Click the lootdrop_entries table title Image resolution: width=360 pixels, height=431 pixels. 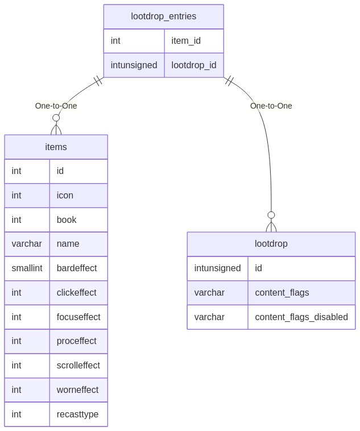pos(163,16)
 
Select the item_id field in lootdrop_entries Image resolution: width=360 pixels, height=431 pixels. pos(186,41)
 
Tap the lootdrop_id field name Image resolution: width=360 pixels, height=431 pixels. pos(194,65)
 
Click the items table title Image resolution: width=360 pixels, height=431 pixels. pos(56,147)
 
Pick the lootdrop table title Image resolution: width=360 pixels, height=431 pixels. pos(271,243)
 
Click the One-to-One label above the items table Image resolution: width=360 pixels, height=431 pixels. pos(56,106)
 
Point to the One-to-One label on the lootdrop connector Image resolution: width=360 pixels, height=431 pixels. pos(271,106)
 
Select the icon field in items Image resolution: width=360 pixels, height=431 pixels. pos(65,195)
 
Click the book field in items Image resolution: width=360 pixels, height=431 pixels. pos(67,219)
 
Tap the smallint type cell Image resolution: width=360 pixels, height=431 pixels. pos(27,268)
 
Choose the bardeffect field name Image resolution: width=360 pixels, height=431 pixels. pos(77,268)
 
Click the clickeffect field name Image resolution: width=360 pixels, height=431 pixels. pos(76,292)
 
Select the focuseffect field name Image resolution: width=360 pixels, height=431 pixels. pos(78,317)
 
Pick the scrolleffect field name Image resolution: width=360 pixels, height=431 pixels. pos(78,365)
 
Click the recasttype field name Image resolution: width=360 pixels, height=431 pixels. pos(77,414)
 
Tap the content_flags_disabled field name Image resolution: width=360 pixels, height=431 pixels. pos(301,317)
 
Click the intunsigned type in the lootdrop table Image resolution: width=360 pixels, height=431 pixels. pos(218,268)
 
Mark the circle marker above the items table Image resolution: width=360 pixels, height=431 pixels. pos(56,118)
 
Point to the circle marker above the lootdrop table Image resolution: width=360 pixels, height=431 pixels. pos(271,215)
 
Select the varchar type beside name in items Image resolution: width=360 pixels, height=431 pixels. pos(27,243)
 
